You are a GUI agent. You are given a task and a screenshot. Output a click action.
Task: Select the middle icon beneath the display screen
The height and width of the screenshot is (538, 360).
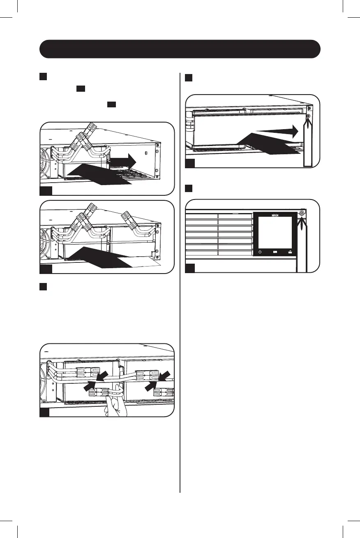click(x=275, y=252)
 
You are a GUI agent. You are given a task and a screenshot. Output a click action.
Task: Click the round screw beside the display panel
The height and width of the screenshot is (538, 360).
click(x=302, y=213)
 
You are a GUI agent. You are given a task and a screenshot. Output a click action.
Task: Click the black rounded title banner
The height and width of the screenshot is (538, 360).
click(x=180, y=49)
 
